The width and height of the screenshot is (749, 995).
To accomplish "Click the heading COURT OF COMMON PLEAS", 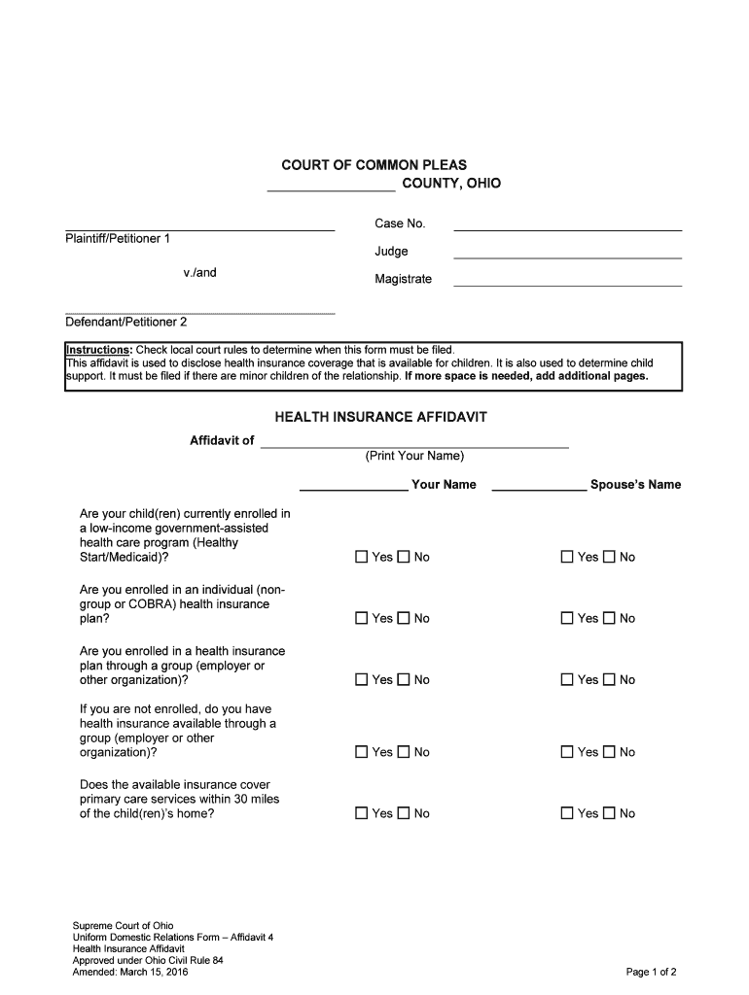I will (374, 165).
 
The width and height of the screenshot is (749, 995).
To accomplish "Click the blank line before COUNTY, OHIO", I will (331, 189).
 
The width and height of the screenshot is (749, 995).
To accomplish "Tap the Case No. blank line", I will (568, 228).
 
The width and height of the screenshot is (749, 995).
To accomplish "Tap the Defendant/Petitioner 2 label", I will (125, 322).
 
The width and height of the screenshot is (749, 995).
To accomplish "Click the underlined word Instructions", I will (98, 350).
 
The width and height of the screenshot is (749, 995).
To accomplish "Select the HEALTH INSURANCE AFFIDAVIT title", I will (380, 417).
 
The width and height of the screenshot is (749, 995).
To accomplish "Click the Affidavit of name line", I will (414, 445).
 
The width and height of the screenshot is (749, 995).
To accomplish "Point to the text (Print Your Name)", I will (414, 457).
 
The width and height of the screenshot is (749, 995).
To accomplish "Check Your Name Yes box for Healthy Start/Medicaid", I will (362, 557).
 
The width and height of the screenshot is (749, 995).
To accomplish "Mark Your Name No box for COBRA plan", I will (404, 618).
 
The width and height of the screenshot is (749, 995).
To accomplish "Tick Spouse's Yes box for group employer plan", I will (567, 680).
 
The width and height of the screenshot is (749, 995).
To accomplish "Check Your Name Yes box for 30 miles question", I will (362, 813).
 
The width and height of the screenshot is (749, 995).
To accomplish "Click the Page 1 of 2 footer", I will (651, 972).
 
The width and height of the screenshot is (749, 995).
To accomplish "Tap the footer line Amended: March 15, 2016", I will (130, 972).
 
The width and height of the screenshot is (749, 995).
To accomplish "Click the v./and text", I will (199, 273).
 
